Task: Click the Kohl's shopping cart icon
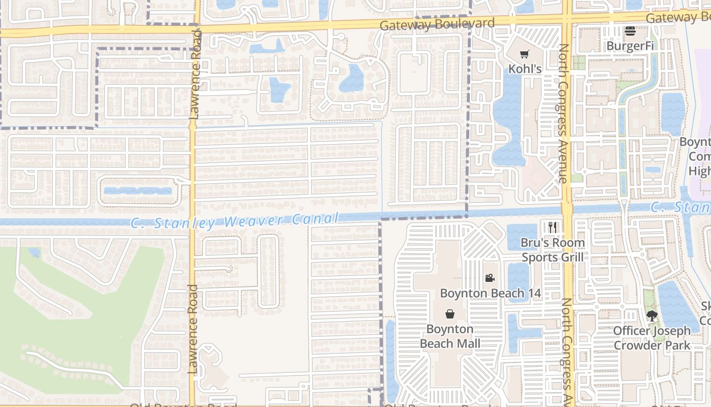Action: coord(525,54)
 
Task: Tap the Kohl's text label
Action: coord(525,68)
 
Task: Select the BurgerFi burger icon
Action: coord(630,31)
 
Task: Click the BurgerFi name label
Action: coord(630,46)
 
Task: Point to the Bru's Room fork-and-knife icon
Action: coord(553,227)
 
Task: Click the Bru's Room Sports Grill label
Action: coord(553,250)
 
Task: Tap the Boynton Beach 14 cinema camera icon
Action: coord(490,278)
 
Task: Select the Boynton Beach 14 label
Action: coord(490,293)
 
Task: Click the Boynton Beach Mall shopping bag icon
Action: coord(449,313)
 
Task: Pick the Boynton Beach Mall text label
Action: coord(450,336)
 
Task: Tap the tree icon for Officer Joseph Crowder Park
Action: coord(652,316)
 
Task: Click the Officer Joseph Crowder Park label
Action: coord(652,338)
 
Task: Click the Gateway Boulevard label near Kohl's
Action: coord(437,24)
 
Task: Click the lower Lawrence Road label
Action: coord(192,329)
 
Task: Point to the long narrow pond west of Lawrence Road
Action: coord(137,191)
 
